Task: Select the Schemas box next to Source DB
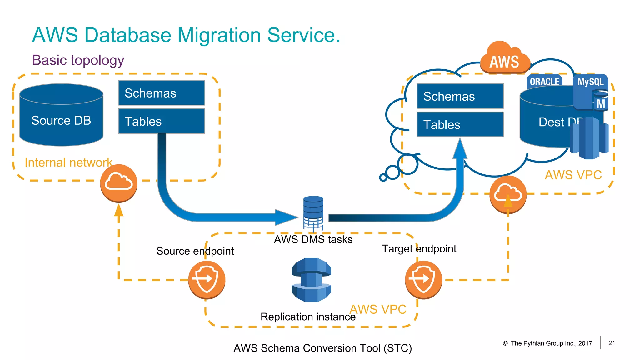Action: (x=162, y=93)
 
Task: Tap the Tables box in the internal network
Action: (x=162, y=121)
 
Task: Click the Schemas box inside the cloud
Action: (x=460, y=96)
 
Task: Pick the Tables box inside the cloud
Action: (x=460, y=124)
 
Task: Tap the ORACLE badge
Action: (x=544, y=81)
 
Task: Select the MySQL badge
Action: (x=590, y=82)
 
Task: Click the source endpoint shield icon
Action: (x=207, y=279)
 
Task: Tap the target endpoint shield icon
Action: (x=423, y=279)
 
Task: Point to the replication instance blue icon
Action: (x=311, y=280)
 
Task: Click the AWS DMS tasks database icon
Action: (x=313, y=212)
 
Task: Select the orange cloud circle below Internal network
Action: (x=118, y=183)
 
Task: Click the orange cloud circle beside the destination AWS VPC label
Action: (x=508, y=194)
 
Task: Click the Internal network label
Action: (x=68, y=162)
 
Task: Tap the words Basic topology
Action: (x=78, y=60)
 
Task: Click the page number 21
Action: (x=612, y=343)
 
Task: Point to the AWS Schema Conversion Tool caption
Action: (x=322, y=348)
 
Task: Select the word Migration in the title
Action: (x=219, y=35)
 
